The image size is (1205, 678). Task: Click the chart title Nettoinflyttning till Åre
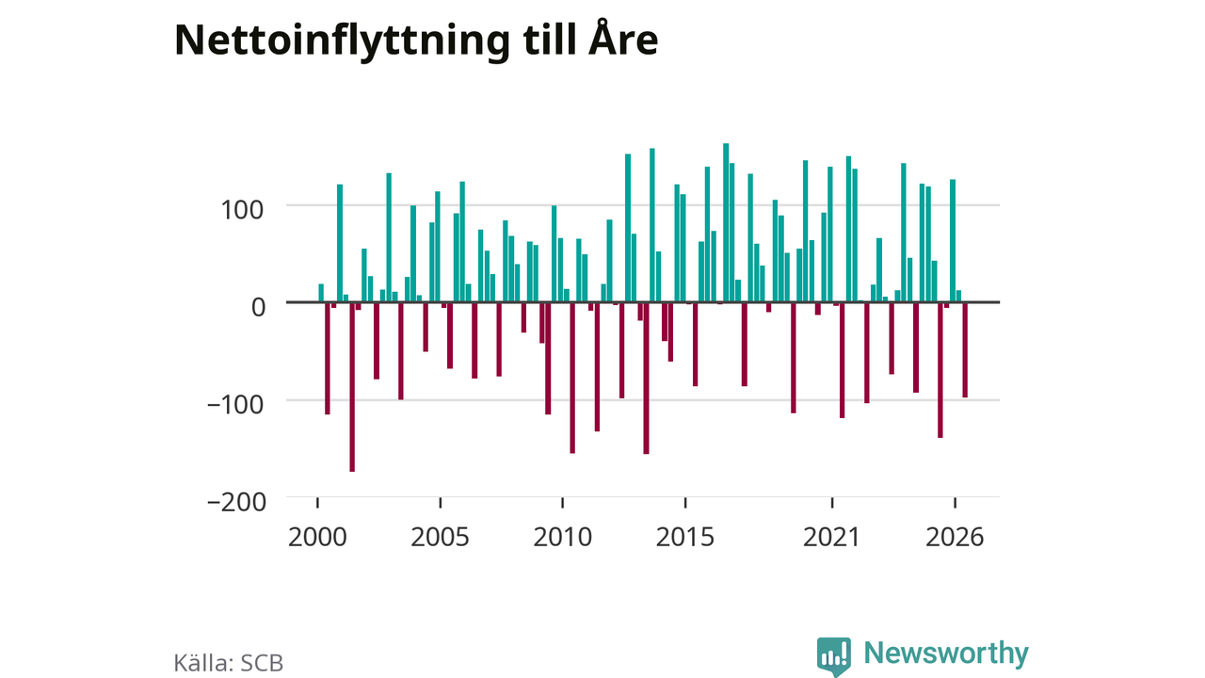click(416, 40)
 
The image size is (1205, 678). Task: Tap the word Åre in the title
click(623, 38)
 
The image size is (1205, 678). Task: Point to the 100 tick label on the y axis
click(242, 210)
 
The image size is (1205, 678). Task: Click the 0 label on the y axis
click(258, 307)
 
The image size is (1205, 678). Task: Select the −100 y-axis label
click(235, 405)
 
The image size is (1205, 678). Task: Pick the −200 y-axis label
click(236, 503)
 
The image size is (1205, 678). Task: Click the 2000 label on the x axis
click(317, 537)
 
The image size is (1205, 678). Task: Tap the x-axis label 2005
click(440, 537)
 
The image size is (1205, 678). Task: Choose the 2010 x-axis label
click(563, 537)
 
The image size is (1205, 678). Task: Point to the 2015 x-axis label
click(685, 537)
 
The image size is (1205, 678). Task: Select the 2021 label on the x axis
click(831, 537)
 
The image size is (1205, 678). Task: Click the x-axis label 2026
click(955, 537)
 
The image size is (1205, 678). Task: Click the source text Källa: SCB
click(228, 663)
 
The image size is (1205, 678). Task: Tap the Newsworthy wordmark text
click(946, 654)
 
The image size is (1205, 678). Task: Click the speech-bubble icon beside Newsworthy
click(834, 656)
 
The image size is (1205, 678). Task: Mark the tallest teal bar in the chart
click(726, 223)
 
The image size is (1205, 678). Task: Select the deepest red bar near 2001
click(352, 387)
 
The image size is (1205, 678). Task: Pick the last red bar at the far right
click(965, 349)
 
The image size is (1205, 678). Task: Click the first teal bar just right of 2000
click(321, 293)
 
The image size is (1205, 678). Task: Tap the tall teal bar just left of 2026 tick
click(953, 240)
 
